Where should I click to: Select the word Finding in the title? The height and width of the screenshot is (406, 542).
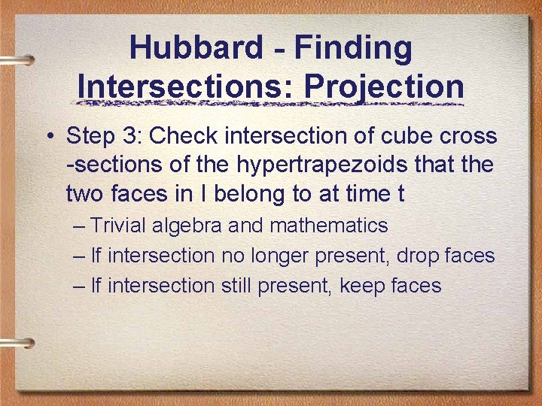353,48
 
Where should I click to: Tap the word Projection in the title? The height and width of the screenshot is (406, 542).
384,86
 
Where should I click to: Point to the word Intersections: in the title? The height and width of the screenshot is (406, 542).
186,86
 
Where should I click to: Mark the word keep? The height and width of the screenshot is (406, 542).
361,286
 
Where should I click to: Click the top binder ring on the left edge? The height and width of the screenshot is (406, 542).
17,59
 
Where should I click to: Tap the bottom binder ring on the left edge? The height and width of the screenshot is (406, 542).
17,342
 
